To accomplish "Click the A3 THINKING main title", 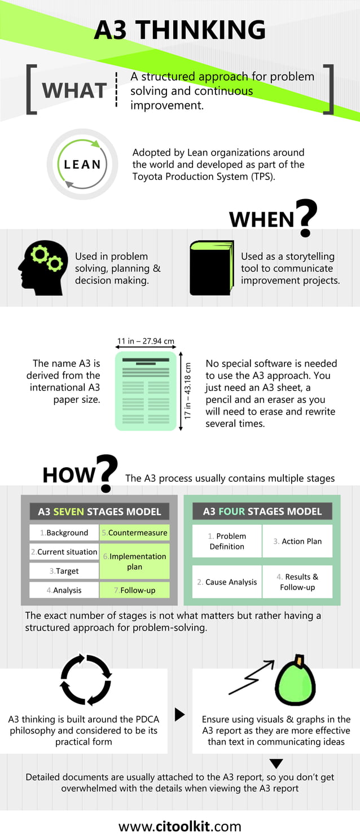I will point(179,30).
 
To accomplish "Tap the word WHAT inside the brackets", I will point(74,90).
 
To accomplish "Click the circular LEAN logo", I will point(82,164).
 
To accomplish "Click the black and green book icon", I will point(211,268).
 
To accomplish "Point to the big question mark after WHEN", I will point(305,218).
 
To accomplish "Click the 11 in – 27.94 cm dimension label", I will point(146,341).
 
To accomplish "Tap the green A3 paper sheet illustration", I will point(146,391).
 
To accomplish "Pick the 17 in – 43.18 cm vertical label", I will point(188,390).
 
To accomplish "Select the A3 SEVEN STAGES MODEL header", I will point(99,512).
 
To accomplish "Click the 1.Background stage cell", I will point(64,533).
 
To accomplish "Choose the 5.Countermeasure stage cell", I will point(134,533).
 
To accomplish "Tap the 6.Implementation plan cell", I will point(134,561).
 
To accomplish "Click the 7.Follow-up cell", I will point(134,590).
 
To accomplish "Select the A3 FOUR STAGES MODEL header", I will point(262,512).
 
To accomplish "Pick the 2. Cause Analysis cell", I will point(227,582).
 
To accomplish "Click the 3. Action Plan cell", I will point(297,541).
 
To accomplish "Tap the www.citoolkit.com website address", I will point(179,827).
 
